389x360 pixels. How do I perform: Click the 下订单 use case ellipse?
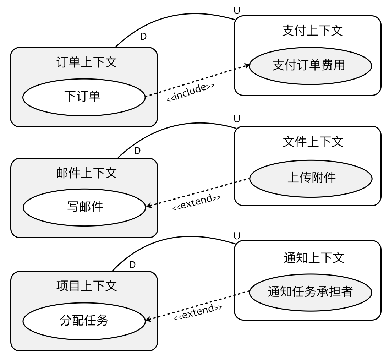coord(84,97)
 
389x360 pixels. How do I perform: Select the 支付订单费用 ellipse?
coord(310,66)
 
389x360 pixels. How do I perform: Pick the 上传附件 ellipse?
coord(311,178)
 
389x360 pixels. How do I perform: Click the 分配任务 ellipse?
coord(84,321)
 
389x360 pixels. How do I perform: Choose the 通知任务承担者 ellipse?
coord(310,292)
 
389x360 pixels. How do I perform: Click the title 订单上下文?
coord(87,62)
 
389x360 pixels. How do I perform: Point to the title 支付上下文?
coord(312,31)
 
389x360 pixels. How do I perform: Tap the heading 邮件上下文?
coord(87,173)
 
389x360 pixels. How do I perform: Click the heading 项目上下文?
coord(87,286)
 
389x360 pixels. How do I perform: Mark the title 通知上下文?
coord(314,257)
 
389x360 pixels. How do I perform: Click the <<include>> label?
coord(191,93)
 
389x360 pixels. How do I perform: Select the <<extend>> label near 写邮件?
coord(196,202)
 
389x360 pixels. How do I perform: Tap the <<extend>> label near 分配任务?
coord(198,312)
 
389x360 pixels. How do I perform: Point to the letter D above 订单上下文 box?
coord(143,37)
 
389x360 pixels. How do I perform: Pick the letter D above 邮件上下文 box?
coord(137,151)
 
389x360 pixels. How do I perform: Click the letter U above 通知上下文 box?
coord(237,235)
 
